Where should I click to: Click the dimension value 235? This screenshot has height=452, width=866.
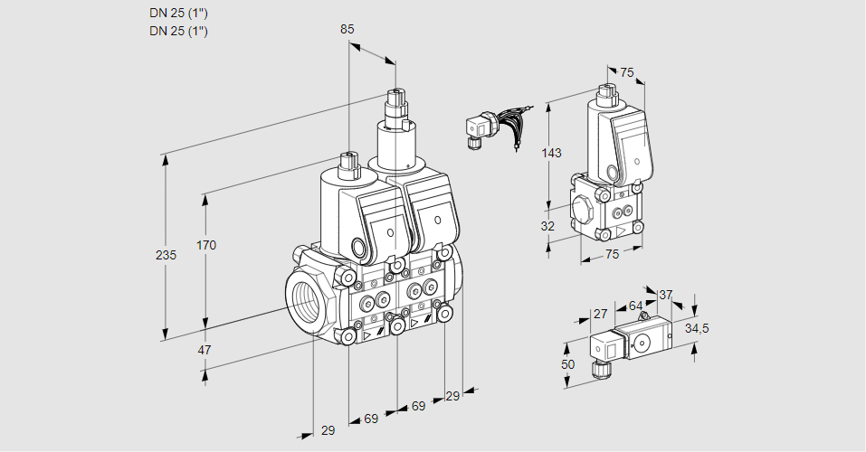point(166,256)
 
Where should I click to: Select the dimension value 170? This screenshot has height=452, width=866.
point(207,245)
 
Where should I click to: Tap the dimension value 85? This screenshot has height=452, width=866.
point(347,29)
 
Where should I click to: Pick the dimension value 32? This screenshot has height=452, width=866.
point(548,226)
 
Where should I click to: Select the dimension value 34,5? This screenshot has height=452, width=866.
point(698,329)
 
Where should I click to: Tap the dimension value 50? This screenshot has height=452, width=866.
point(567,364)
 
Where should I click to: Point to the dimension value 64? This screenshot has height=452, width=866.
point(635,306)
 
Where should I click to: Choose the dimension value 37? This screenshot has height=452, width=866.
point(666,295)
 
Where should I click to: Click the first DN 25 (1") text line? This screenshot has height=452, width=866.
point(178,13)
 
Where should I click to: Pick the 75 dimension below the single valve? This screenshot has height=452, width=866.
point(612,255)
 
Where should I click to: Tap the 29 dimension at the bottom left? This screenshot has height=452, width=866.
point(328,430)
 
